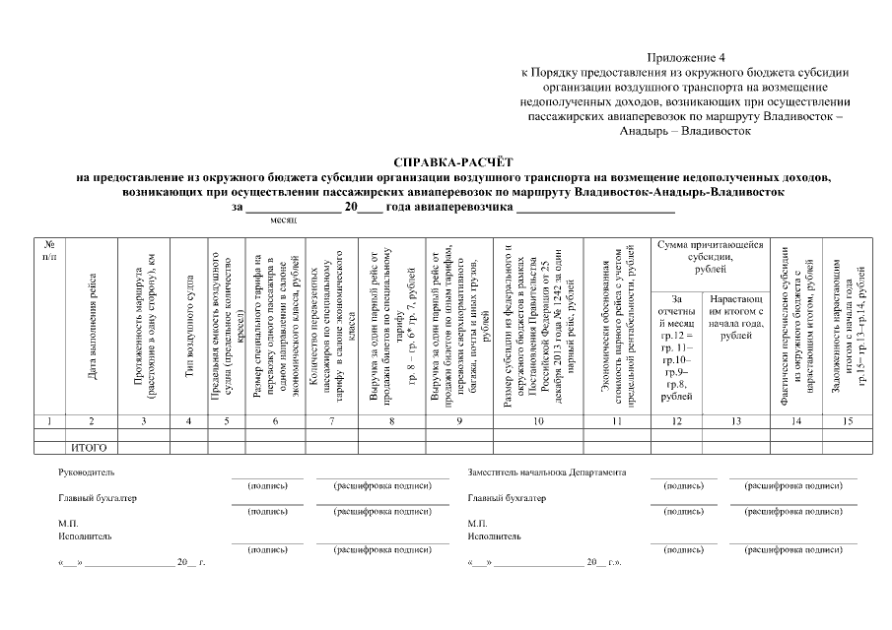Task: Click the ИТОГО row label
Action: (89, 447)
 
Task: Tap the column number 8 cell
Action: (391, 421)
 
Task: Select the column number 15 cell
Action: (847, 421)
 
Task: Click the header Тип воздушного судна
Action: (188, 330)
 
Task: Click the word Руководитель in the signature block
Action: (87, 472)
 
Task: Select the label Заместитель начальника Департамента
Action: (546, 472)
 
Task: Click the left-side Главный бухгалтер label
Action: (98, 498)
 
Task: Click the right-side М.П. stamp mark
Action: (478, 524)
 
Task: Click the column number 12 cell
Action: (675, 421)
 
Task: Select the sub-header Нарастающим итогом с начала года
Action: (735, 316)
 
